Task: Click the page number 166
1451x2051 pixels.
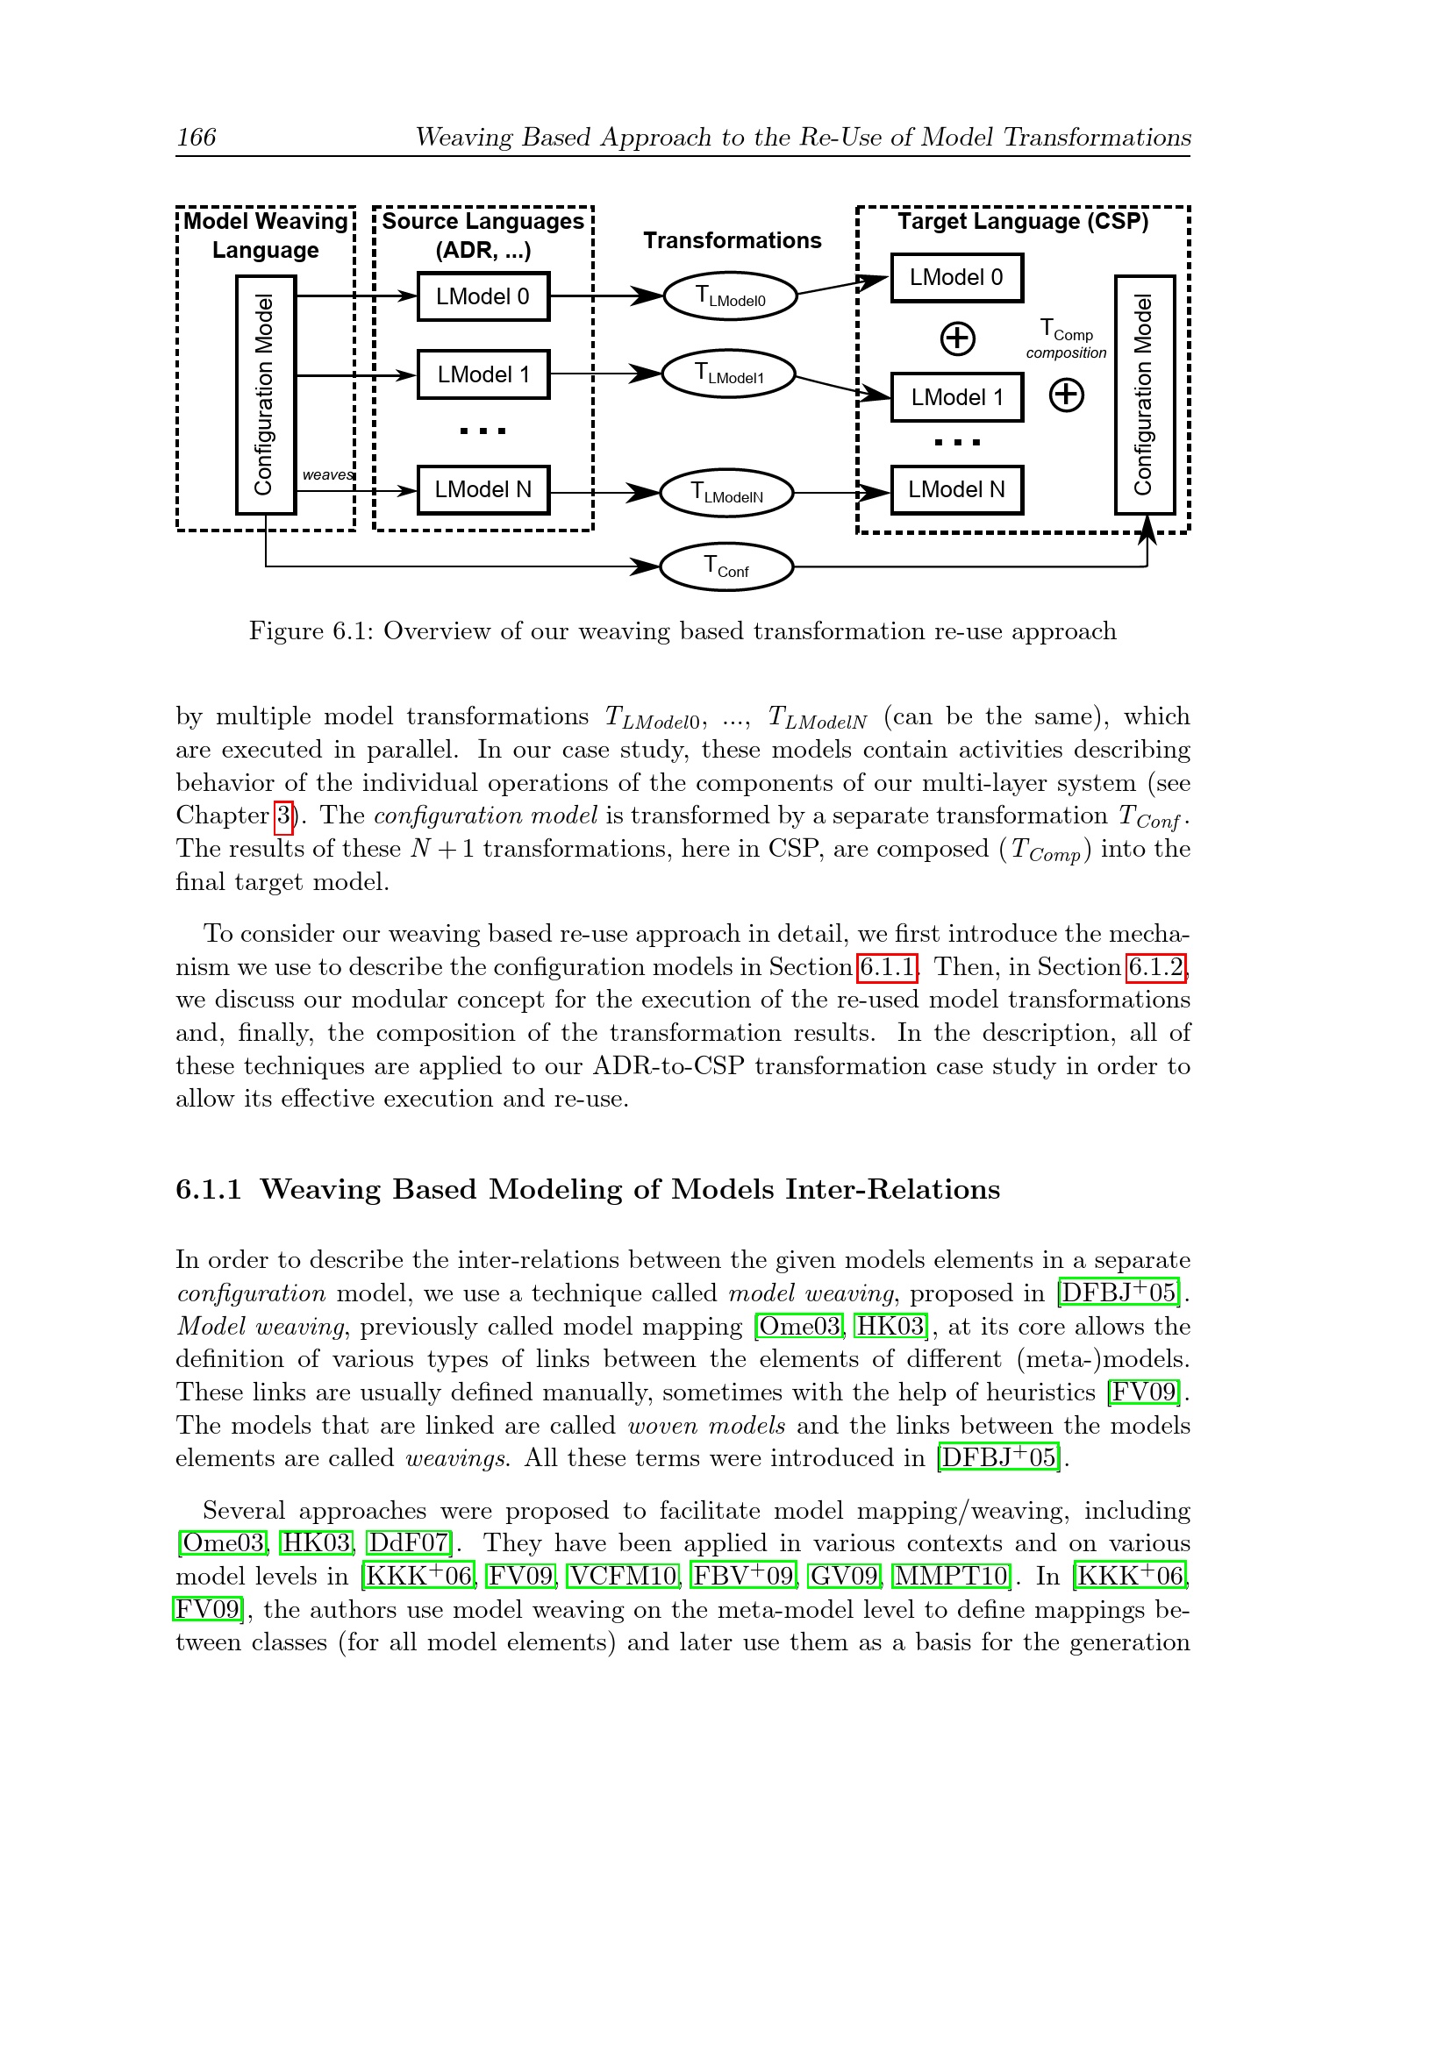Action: [196, 137]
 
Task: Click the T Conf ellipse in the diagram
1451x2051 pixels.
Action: [726, 566]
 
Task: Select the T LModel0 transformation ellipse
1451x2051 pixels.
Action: [730, 296]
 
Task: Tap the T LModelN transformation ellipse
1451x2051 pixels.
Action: [726, 493]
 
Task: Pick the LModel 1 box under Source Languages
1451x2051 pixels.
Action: [483, 374]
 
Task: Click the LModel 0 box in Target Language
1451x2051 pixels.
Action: [956, 278]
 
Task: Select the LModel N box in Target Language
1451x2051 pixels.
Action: [956, 489]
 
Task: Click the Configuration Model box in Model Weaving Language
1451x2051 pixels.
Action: [265, 395]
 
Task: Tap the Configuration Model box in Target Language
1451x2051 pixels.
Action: [1144, 395]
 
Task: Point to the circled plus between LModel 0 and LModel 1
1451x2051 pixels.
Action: [958, 338]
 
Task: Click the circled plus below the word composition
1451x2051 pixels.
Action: [1066, 395]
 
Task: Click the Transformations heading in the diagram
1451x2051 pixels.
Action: [732, 240]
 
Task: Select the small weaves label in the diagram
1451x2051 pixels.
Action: [327, 474]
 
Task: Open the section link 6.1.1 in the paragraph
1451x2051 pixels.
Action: [887, 966]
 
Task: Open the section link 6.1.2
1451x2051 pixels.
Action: [1156, 966]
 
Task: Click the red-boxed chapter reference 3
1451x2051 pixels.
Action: [283, 815]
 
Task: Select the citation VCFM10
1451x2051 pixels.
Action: [624, 1576]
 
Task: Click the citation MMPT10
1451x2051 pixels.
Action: [952, 1576]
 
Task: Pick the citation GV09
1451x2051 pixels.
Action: [844, 1576]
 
